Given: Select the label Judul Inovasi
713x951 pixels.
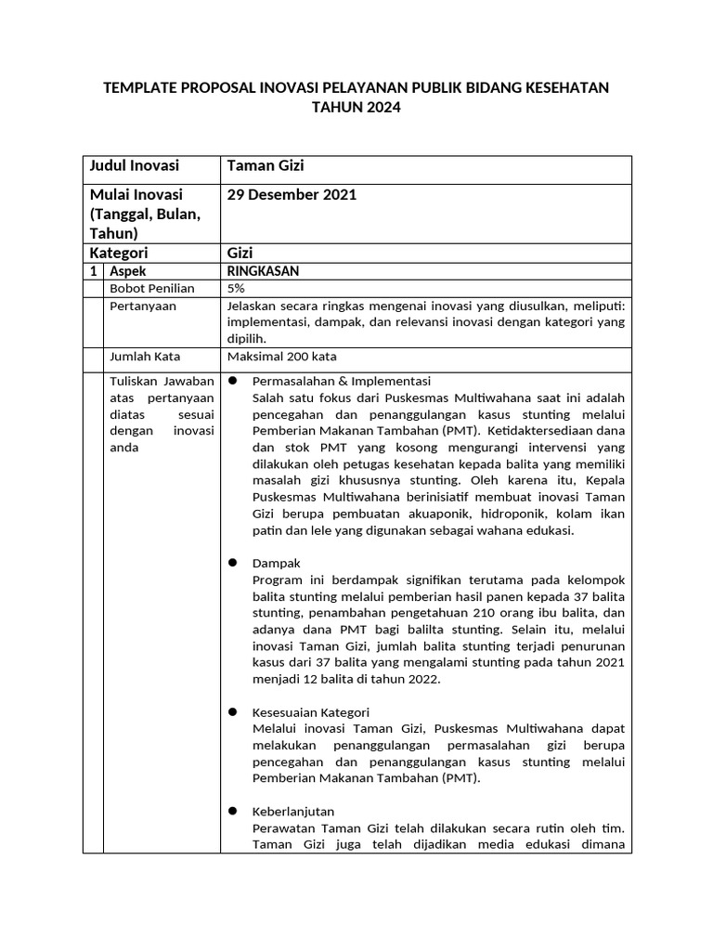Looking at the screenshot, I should pyautogui.click(x=134, y=166).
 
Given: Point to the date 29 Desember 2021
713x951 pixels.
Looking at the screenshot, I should pyautogui.click(x=292, y=195).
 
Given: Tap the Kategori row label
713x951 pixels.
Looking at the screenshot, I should pyautogui.click(x=118, y=253).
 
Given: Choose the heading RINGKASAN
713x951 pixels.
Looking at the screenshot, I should pyautogui.click(x=263, y=271).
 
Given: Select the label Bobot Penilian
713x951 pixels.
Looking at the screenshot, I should pyautogui.click(x=152, y=289).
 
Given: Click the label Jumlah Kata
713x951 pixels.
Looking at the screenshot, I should pyautogui.click(x=145, y=356).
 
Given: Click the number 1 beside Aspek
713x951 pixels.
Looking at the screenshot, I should pyautogui.click(x=93, y=271).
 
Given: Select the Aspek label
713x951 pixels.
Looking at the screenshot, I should pyautogui.click(x=127, y=271).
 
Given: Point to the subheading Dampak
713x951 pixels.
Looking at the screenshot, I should pyautogui.click(x=277, y=564).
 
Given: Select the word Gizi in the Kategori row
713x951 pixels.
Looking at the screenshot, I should pyautogui.click(x=240, y=253).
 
